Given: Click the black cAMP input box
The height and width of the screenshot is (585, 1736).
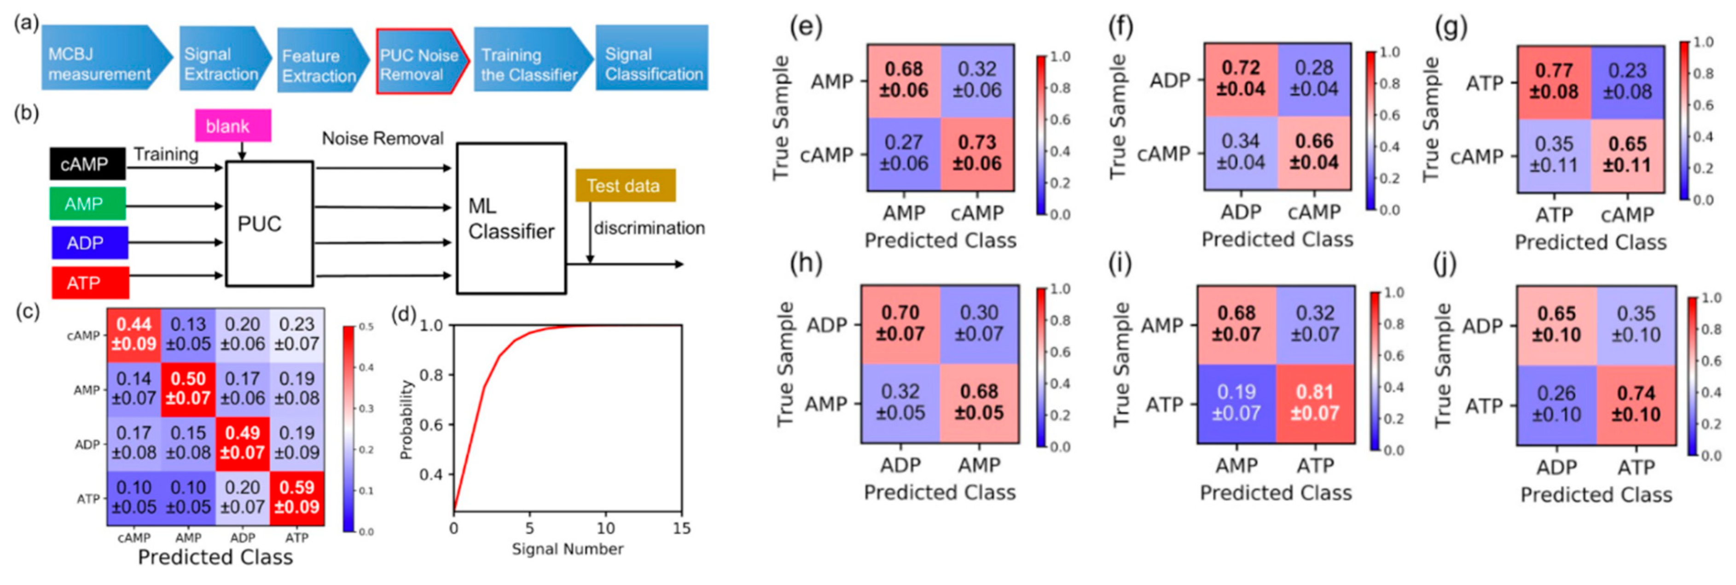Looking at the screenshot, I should coord(87,164).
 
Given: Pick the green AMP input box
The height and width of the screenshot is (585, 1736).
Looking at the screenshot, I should coord(87,204).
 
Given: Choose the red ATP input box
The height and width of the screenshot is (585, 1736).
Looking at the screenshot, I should coord(90,282).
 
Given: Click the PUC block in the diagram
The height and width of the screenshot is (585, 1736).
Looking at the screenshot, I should coord(269,224).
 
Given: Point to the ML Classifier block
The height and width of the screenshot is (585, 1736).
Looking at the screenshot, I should coord(511,218).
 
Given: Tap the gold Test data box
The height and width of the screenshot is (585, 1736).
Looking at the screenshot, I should coord(624,185).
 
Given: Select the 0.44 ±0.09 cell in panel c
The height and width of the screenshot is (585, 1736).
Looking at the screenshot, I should coord(134,334).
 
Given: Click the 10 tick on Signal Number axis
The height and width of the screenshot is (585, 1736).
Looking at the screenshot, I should coord(606,528).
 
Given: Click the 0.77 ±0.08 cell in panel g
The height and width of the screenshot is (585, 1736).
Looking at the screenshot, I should coord(1553,82).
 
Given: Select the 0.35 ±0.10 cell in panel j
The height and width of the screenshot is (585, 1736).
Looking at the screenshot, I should coord(1636,324).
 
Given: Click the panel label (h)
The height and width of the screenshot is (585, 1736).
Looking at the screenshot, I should coord(806,263).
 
